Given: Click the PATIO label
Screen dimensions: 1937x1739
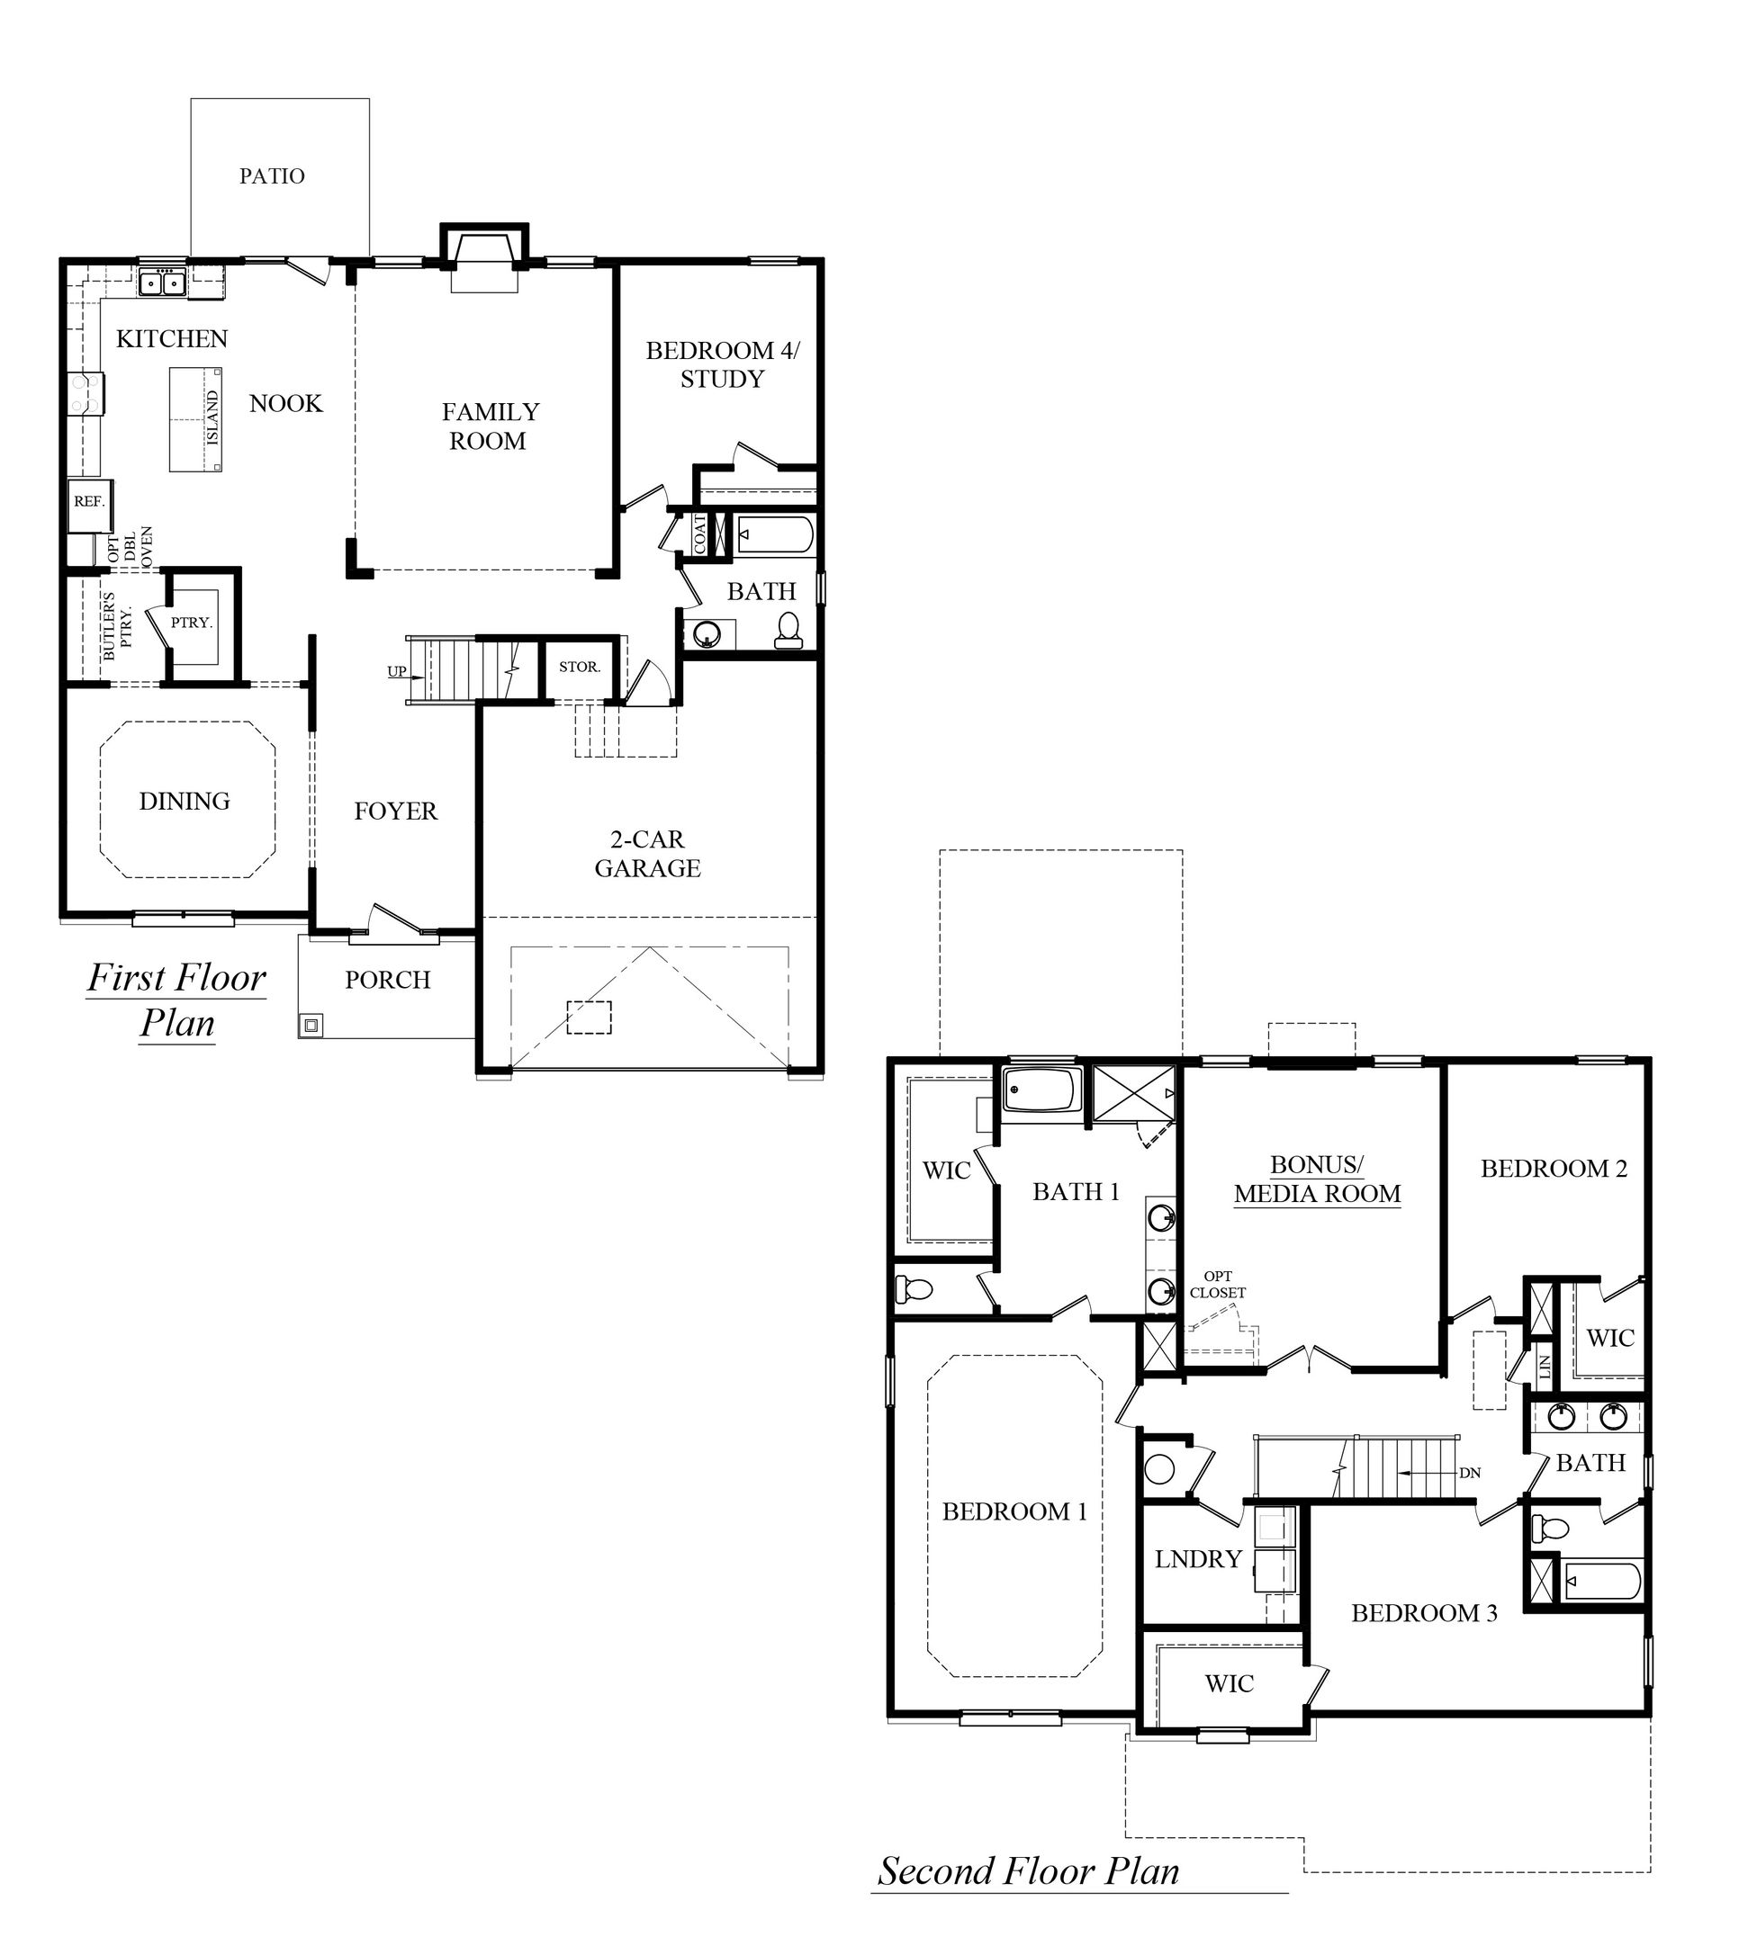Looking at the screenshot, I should click(x=273, y=175).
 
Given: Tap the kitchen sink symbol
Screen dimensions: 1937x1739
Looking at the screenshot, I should click(x=161, y=282).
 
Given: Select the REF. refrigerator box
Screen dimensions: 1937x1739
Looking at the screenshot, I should click(x=90, y=501).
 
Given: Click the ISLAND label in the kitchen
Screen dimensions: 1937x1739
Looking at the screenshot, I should click(x=213, y=417).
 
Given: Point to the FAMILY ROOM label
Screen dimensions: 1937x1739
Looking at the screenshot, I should click(x=490, y=426).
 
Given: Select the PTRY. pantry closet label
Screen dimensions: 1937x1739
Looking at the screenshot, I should click(x=191, y=623).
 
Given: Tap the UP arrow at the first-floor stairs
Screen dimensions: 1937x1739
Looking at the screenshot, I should click(x=398, y=671).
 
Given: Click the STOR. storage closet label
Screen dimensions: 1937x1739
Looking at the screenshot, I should click(x=579, y=667).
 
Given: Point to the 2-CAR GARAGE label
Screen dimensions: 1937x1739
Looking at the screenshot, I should click(x=648, y=853).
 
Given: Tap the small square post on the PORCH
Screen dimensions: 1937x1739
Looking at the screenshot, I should click(x=311, y=1025).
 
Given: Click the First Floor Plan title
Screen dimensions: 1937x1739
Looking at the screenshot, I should click(x=176, y=999).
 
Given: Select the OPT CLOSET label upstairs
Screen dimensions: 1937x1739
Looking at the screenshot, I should click(x=1217, y=1285).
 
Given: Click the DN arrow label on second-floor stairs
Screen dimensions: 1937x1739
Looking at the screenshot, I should click(x=1469, y=1473).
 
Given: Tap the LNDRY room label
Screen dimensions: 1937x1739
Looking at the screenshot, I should click(x=1198, y=1559).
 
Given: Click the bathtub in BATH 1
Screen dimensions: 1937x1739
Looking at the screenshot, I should click(x=1041, y=1090).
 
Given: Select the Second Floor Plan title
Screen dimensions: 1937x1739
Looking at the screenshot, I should click(x=1029, y=1870).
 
